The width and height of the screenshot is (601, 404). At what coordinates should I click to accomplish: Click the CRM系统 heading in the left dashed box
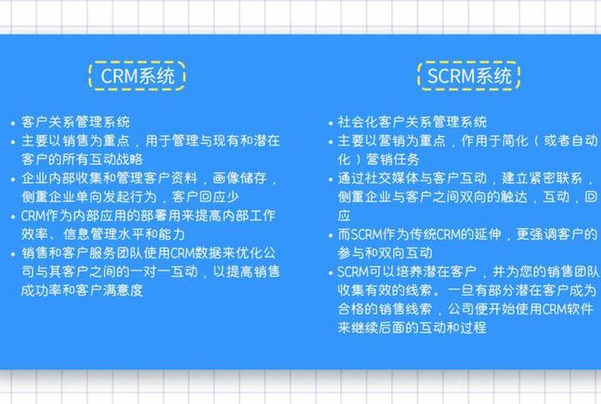click(x=137, y=77)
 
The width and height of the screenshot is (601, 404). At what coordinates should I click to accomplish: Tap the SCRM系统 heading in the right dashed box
click(x=469, y=77)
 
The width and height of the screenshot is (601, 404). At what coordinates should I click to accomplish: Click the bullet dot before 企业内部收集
click(x=12, y=180)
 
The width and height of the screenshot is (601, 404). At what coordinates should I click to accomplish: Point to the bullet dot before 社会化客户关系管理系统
click(x=331, y=123)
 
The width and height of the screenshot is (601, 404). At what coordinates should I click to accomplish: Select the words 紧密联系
click(x=553, y=179)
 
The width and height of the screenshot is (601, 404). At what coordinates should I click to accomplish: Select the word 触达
click(x=507, y=198)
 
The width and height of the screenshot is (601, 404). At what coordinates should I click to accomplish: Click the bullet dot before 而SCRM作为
click(x=331, y=235)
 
